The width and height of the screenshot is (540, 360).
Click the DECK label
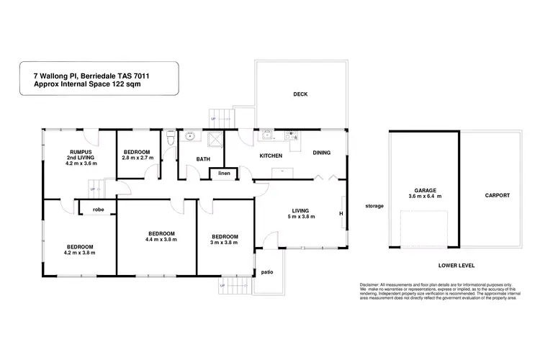(300, 94)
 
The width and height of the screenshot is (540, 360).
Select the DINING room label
(322, 153)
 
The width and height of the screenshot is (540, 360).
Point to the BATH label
(203, 159)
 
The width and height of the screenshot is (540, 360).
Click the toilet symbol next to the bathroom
(168, 138)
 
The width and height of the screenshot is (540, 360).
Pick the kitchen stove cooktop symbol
(293, 135)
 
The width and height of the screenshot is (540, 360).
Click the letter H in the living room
(341, 212)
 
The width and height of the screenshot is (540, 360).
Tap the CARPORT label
(498, 195)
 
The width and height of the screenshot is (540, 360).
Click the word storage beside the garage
(374, 206)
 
